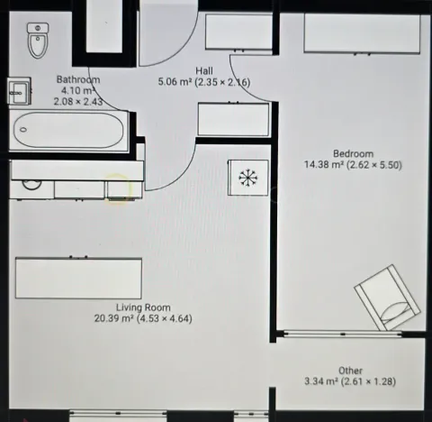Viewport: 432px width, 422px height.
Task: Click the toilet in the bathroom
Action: click(x=37, y=40)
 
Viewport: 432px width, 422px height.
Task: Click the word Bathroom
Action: click(x=77, y=79)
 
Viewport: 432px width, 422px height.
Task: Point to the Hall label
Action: click(x=203, y=70)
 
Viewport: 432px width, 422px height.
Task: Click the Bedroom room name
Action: click(x=352, y=153)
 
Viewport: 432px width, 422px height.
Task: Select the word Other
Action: click(x=350, y=371)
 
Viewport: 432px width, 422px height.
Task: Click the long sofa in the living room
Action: click(x=78, y=278)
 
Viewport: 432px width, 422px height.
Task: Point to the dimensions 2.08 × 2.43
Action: click(x=77, y=101)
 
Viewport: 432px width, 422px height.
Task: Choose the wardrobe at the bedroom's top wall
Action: click(x=362, y=34)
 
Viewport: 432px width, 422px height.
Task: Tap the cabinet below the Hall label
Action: click(x=233, y=120)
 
